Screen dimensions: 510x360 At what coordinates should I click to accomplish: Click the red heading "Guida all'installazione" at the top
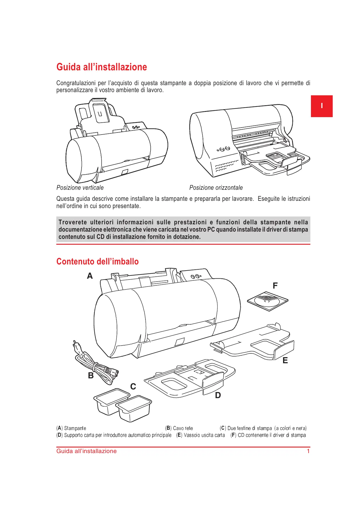tap(102, 67)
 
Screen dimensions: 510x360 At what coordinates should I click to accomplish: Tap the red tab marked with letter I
tap(322, 106)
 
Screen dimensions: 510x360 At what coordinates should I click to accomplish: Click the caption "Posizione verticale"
tap(80, 188)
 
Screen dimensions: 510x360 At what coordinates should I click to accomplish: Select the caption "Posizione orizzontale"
tap(216, 188)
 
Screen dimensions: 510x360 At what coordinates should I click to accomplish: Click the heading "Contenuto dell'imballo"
tap(98, 262)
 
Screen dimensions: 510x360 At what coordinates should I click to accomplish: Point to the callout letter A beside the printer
tap(90, 276)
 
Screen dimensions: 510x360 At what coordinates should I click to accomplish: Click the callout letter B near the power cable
tap(91, 375)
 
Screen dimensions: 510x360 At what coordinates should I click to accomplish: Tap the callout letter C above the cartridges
tap(133, 386)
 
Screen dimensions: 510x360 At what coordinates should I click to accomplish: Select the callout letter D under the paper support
tap(218, 395)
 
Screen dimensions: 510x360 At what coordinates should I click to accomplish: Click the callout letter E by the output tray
tap(285, 360)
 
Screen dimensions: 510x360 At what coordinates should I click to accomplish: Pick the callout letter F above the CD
tap(275, 286)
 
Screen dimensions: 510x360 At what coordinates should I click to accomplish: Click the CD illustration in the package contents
tap(268, 301)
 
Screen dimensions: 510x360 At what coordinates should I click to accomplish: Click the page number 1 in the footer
tap(308, 451)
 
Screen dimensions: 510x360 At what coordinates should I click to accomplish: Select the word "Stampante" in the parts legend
tap(75, 428)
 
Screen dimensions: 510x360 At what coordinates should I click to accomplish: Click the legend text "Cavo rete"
tap(183, 428)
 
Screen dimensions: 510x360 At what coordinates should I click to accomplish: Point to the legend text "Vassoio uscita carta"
tap(204, 435)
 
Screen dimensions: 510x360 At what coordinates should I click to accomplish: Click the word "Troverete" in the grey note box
tap(73, 222)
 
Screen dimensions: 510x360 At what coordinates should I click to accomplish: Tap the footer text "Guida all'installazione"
tap(87, 451)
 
